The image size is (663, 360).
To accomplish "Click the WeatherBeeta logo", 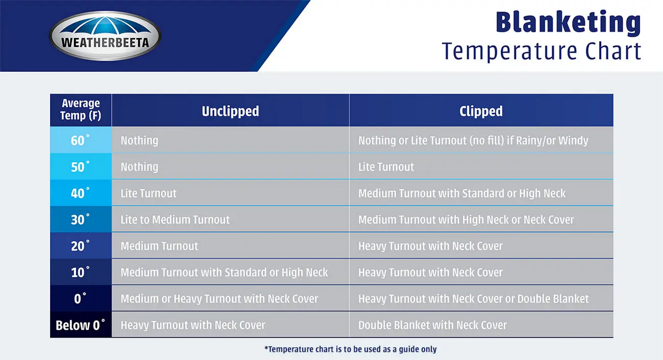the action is (x=105, y=36).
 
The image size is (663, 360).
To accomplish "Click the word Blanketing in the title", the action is (x=568, y=22).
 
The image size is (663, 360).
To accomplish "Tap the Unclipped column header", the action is (x=230, y=111).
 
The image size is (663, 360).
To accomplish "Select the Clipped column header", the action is (x=481, y=111).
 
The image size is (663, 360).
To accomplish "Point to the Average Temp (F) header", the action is (x=80, y=110).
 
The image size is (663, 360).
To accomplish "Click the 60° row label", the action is (x=80, y=140).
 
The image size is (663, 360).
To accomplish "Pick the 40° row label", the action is (x=80, y=193).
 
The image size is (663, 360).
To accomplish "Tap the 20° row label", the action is (x=80, y=246).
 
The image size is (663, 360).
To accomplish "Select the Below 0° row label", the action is (x=80, y=325).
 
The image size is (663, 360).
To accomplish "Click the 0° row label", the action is (x=80, y=298).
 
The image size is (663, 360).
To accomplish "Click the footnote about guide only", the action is (x=351, y=349).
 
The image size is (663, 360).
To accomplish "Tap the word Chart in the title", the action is (x=613, y=51).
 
